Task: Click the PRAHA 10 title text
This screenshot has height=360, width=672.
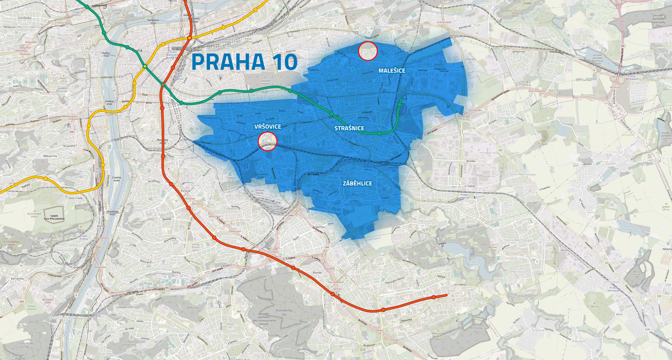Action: (x=244, y=62)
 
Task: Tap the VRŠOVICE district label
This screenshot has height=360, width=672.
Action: (x=268, y=126)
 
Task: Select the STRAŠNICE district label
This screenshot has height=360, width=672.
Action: (x=349, y=128)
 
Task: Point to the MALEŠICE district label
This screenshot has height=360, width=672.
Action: (x=392, y=70)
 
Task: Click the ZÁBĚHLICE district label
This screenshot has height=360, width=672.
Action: (x=357, y=183)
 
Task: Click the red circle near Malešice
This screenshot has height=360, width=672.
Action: (x=368, y=51)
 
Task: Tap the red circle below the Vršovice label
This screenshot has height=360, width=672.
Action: (x=267, y=141)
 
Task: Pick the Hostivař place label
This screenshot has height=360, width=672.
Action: (x=425, y=221)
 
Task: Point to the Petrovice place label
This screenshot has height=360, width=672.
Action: (x=518, y=272)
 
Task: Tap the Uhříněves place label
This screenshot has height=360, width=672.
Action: (x=614, y=282)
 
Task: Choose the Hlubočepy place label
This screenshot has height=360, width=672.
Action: (x=66, y=250)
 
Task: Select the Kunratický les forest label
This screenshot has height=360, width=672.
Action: (x=284, y=312)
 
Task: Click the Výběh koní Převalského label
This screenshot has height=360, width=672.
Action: (x=54, y=217)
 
